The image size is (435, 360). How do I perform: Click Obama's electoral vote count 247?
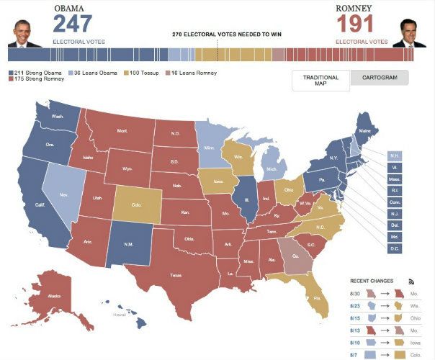[x=73, y=24]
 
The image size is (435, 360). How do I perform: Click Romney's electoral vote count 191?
[x=357, y=24]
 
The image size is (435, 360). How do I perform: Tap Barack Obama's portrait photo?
[x=24, y=32]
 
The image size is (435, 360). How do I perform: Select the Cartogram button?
[x=379, y=78]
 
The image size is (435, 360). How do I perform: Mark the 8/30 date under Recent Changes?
[x=355, y=293]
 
